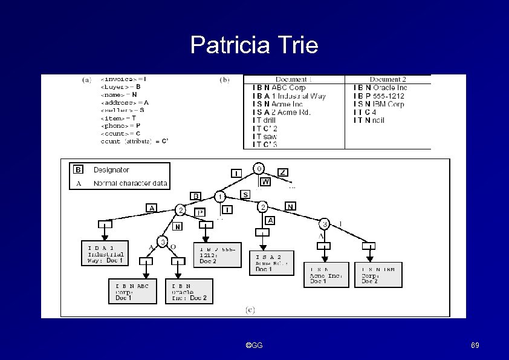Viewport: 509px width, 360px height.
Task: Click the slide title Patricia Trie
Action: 254,45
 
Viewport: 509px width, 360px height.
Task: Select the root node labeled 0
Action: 259,168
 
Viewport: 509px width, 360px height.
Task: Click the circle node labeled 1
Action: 221,197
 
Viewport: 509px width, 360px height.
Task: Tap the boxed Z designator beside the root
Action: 283,172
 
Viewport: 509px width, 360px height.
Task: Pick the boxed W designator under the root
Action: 265,181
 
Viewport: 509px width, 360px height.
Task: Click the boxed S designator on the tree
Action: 245,194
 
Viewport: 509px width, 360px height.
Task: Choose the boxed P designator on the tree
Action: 200,212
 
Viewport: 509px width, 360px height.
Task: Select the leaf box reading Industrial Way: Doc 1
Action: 105,253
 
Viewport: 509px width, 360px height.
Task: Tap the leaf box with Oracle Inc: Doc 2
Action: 189,290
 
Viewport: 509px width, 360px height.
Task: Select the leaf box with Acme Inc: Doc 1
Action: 326,275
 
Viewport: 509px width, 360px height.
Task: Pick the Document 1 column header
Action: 294,79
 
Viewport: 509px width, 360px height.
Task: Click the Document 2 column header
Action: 387,79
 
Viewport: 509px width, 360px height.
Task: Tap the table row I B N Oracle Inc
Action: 380,88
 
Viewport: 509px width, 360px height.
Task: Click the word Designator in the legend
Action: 111,170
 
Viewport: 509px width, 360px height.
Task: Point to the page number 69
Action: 475,345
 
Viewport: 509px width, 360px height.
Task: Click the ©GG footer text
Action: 254,345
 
